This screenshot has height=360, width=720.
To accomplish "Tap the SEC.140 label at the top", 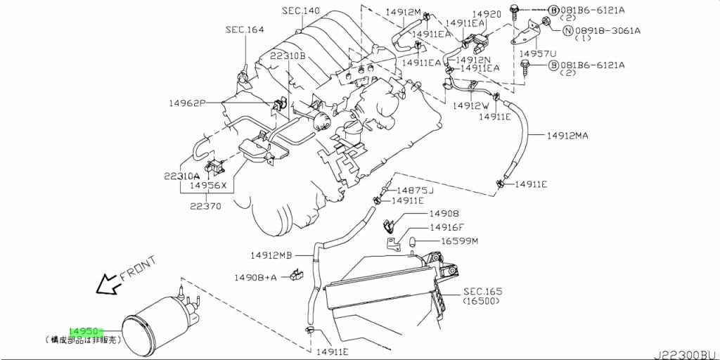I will point(301,11).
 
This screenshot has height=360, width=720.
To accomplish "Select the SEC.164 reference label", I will point(245,30).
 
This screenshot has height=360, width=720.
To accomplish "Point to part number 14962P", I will point(187,103).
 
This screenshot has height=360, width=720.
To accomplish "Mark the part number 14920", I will point(486,14).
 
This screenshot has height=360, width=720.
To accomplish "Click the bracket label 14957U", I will point(537,53).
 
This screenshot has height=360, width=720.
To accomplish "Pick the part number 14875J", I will point(415,191).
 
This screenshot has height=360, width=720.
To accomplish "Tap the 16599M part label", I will point(459,241).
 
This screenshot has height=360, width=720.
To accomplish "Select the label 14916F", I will point(446,227).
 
